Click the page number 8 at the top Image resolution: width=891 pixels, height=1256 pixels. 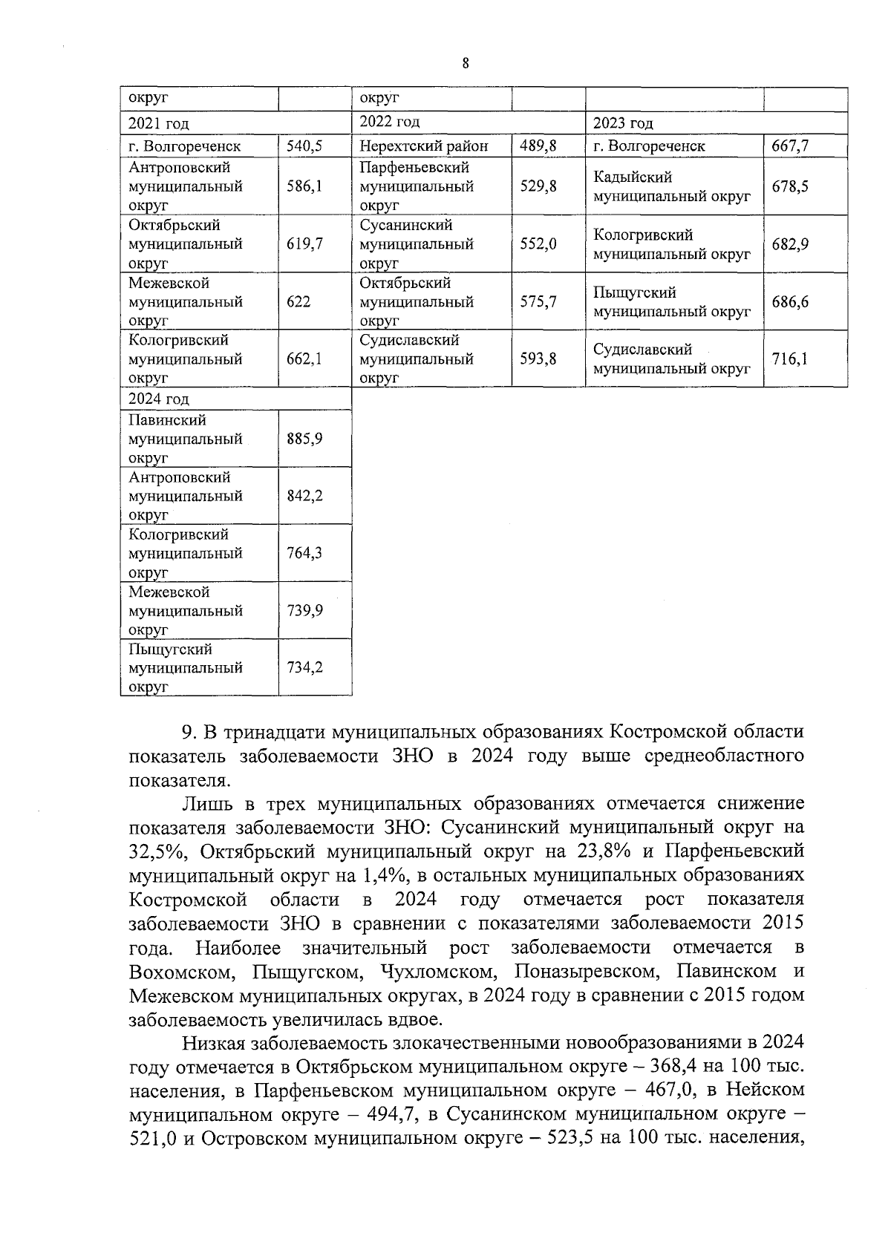pos(466,64)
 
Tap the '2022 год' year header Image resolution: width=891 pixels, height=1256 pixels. pos(389,122)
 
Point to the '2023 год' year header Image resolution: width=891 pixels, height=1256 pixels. pos(622,123)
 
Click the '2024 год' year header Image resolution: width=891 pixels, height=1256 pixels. pos(158,399)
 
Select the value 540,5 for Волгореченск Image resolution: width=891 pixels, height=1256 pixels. pos(304,146)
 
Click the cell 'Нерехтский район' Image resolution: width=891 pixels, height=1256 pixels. pos(424,146)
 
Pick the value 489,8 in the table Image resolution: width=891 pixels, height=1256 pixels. pos(538,146)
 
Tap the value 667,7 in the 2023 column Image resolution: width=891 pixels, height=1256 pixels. pos(790,146)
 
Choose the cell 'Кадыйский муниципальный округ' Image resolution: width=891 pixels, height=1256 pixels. pos(671,187)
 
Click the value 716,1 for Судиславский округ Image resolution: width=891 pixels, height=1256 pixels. pos(790,359)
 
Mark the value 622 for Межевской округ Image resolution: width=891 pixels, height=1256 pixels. pos(298,302)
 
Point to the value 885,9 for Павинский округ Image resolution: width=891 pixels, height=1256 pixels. pos(304,439)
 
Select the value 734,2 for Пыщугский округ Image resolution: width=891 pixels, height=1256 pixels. pos(304,667)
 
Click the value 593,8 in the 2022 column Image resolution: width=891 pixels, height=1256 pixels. pos(538,359)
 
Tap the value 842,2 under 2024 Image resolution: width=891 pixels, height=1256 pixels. pos(304,496)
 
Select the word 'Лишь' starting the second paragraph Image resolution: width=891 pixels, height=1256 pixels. pos(203,804)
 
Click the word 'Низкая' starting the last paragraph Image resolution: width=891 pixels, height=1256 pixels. pos(212,1042)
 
